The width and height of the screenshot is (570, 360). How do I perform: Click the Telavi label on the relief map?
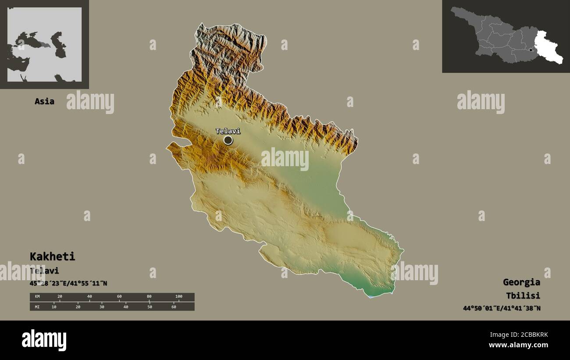click(228, 131)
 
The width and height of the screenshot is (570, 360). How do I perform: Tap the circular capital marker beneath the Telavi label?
click(228, 140)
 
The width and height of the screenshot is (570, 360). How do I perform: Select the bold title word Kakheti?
click(52, 257)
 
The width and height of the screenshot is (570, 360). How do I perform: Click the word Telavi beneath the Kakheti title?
click(44, 271)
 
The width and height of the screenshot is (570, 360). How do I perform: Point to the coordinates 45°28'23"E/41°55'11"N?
click(68, 283)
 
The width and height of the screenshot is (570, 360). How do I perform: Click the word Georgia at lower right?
click(521, 282)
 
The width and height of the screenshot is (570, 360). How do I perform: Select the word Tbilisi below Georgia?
click(523, 296)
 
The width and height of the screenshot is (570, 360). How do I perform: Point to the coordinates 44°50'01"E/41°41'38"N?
click(502, 308)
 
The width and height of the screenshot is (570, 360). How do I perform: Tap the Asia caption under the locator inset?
click(44, 101)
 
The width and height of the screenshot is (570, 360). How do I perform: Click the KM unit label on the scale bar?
click(37, 297)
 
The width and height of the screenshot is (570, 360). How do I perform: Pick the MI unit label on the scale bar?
click(37, 307)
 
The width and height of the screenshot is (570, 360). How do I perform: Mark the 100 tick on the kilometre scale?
click(178, 297)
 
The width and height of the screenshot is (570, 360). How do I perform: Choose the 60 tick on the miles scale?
click(174, 307)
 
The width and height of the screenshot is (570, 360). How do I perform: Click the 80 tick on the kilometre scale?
click(149, 297)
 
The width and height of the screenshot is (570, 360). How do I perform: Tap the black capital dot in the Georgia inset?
click(531, 50)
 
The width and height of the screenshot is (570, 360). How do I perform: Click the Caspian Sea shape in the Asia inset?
click(59, 45)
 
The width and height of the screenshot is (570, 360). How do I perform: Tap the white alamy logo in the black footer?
click(44, 340)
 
